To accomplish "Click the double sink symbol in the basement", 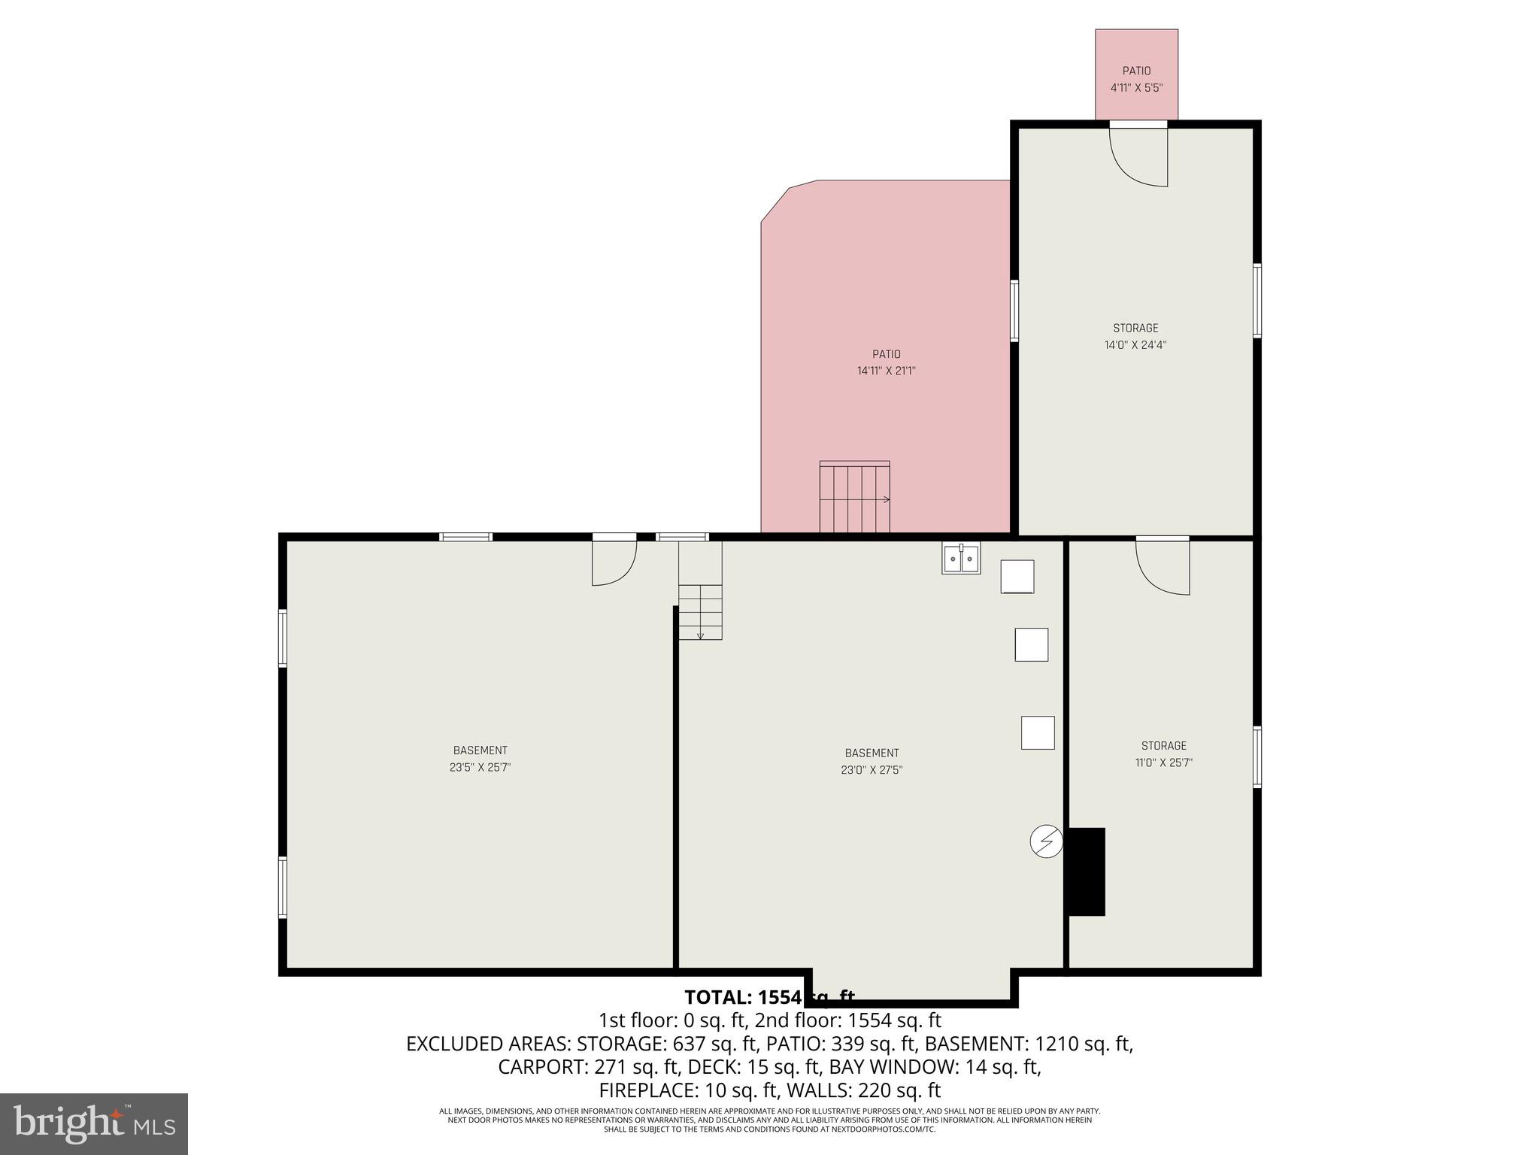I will point(961,559).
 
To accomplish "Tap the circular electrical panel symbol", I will point(1046,841).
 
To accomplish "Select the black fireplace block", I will point(1087,872).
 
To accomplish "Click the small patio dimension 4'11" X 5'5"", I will point(1136,87).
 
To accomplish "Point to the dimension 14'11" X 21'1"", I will point(886,371).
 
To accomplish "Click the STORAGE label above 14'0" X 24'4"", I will point(1135,328).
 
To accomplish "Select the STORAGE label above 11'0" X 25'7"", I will point(1163,746).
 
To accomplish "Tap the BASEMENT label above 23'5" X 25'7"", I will point(480,750).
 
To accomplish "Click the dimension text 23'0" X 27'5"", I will point(872,770).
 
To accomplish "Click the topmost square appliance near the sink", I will point(1017,577).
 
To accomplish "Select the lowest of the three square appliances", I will point(1037,732).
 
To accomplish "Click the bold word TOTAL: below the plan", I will point(718,997).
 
